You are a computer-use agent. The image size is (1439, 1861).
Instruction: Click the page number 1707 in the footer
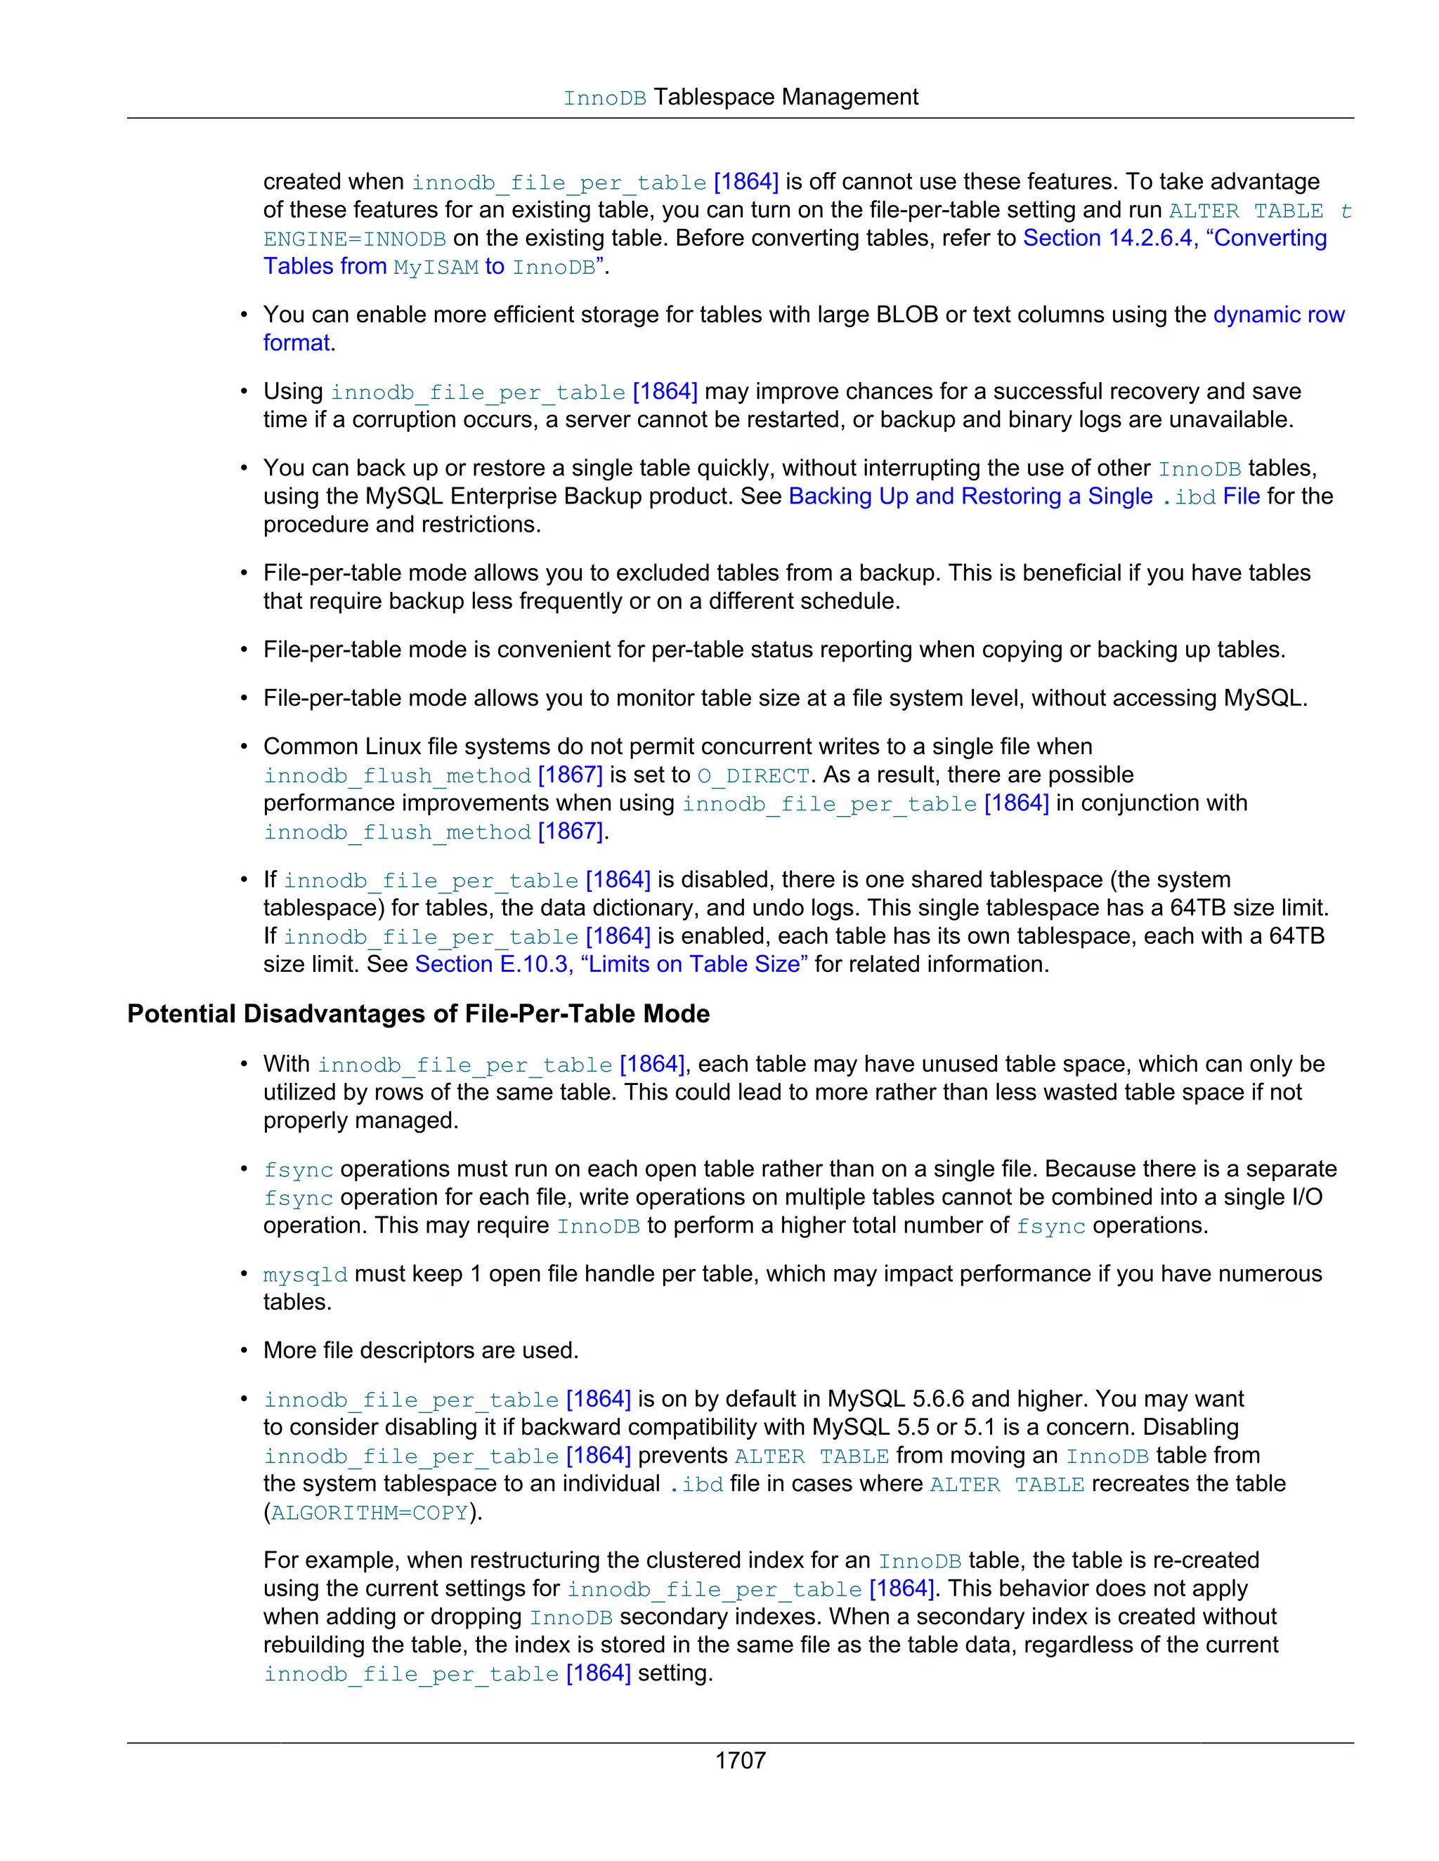[x=740, y=1760]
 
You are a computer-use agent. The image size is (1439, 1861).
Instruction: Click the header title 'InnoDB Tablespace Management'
[x=740, y=97]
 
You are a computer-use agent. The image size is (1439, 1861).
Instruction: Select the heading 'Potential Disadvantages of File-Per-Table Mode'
[x=418, y=1013]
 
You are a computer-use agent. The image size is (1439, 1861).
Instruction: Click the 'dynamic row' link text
[x=1278, y=315]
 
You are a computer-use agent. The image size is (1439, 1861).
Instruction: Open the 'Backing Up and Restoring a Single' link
[x=970, y=496]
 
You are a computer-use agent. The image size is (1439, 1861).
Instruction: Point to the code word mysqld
[x=305, y=1275]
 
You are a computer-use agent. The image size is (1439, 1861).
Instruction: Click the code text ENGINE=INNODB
[x=355, y=239]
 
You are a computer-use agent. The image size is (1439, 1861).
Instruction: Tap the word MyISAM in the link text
[x=436, y=268]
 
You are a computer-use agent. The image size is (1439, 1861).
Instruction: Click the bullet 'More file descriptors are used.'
[x=421, y=1350]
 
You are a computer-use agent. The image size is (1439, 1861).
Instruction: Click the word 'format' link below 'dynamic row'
[x=296, y=343]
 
